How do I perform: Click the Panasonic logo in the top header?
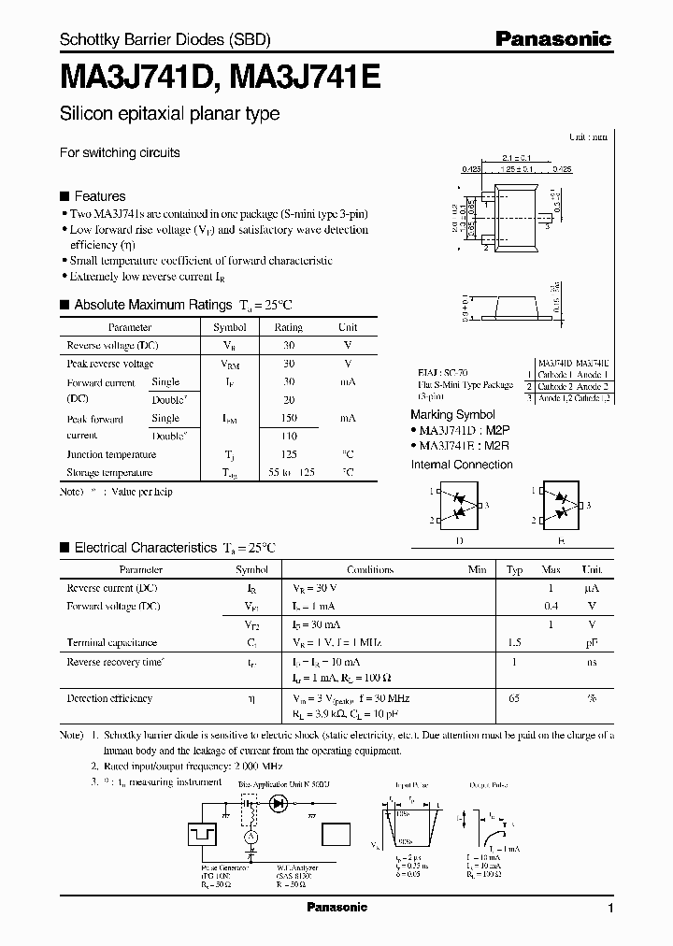[x=553, y=38]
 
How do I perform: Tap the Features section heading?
[x=99, y=196]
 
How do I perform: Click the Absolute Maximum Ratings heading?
[x=151, y=305]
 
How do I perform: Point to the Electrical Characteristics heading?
[x=145, y=548]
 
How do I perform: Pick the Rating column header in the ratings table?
[x=288, y=328]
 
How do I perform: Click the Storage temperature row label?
[x=111, y=473]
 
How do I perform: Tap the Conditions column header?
[x=370, y=569]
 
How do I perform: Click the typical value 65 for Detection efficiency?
[x=514, y=698]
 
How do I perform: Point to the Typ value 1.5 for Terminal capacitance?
[x=514, y=643]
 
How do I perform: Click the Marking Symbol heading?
[x=452, y=414]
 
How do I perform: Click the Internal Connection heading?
[x=462, y=465]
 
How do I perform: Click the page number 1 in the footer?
[x=610, y=909]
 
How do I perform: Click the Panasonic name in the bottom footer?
[x=337, y=908]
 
